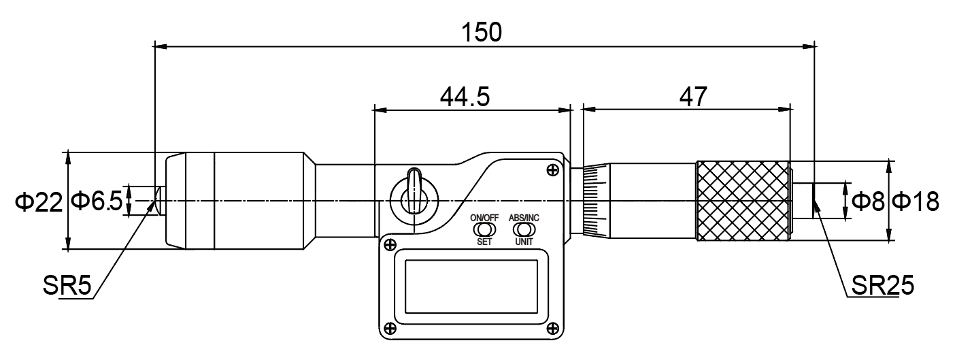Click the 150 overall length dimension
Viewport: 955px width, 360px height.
pyautogui.click(x=482, y=32)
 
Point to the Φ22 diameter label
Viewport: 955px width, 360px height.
pyautogui.click(x=39, y=201)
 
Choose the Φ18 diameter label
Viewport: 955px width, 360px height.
pyautogui.click(x=915, y=201)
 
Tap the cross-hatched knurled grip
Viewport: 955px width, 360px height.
pyautogui.click(x=742, y=201)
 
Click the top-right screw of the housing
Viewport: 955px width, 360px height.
pyautogui.click(x=553, y=169)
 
